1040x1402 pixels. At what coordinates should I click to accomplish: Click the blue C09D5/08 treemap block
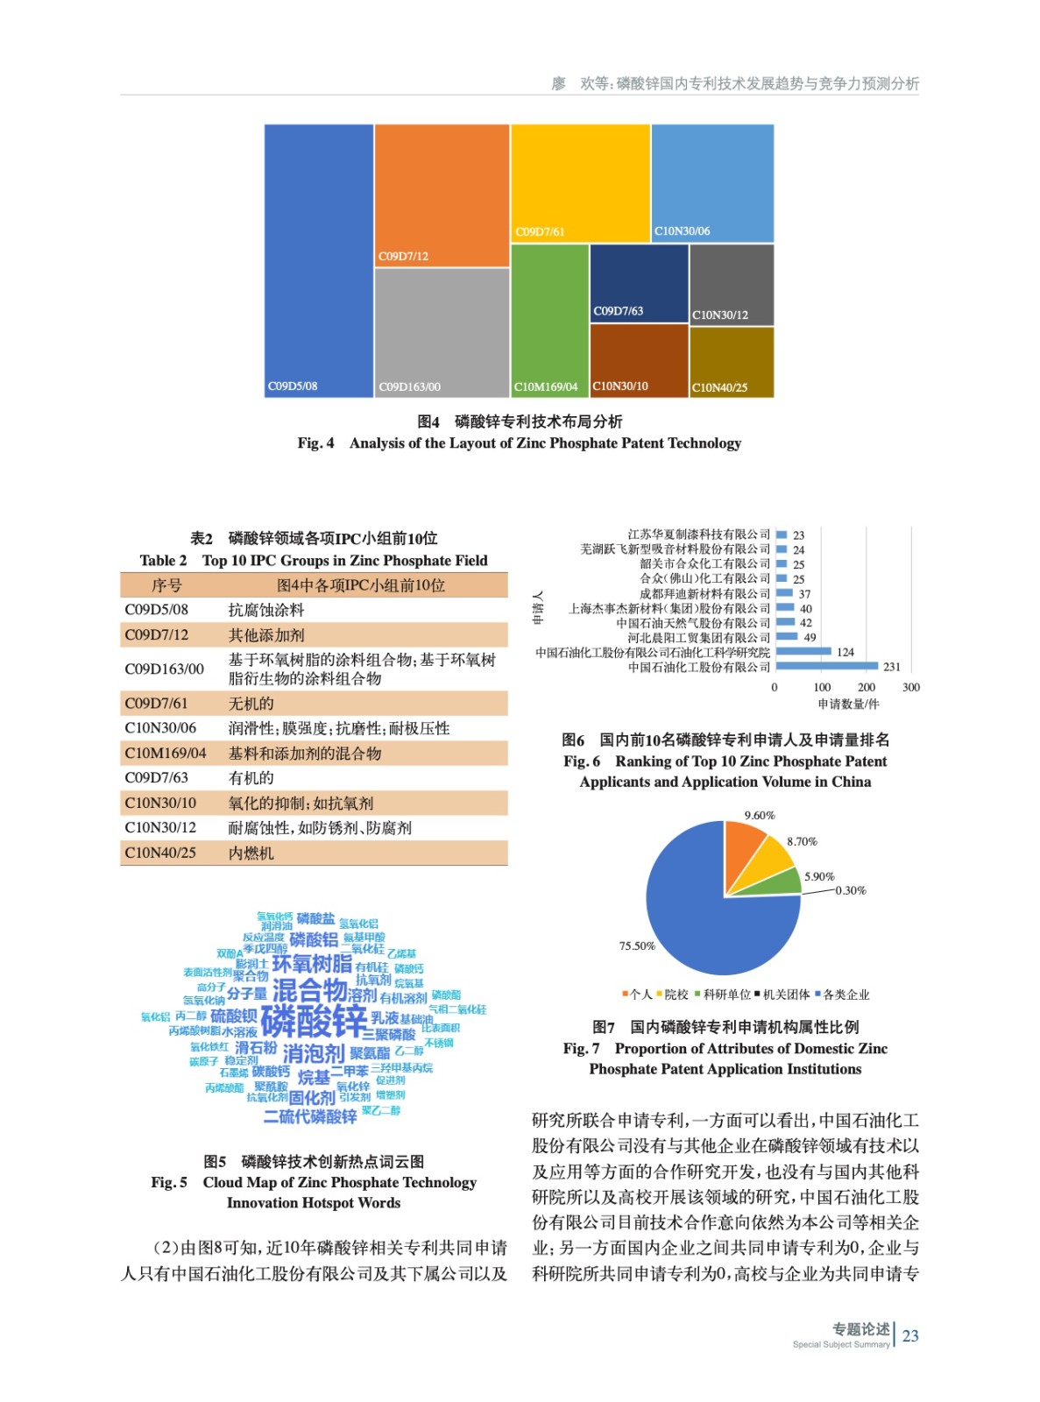(x=319, y=260)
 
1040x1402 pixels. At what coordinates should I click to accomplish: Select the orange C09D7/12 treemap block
(x=442, y=195)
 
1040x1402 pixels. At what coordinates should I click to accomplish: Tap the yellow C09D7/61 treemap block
(x=580, y=182)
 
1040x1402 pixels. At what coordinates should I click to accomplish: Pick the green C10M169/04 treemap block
(x=549, y=320)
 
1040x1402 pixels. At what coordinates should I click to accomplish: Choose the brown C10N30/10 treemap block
(x=639, y=360)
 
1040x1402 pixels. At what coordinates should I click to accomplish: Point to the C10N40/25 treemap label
(x=719, y=387)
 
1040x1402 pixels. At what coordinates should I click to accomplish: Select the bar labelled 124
(x=803, y=652)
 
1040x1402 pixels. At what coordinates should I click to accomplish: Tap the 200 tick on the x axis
(x=866, y=687)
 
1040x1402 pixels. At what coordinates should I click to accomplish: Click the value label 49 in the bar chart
(x=810, y=638)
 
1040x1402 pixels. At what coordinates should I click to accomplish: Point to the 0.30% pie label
(x=850, y=890)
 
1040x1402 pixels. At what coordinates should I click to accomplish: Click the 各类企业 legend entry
(x=842, y=995)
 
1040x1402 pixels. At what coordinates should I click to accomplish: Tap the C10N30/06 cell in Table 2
(x=160, y=728)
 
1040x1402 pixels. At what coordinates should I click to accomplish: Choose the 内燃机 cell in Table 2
(x=251, y=853)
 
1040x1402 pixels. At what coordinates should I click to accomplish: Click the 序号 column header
(x=166, y=585)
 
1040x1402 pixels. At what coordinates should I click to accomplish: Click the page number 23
(x=910, y=1335)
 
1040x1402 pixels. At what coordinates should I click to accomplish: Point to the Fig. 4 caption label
(x=315, y=443)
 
